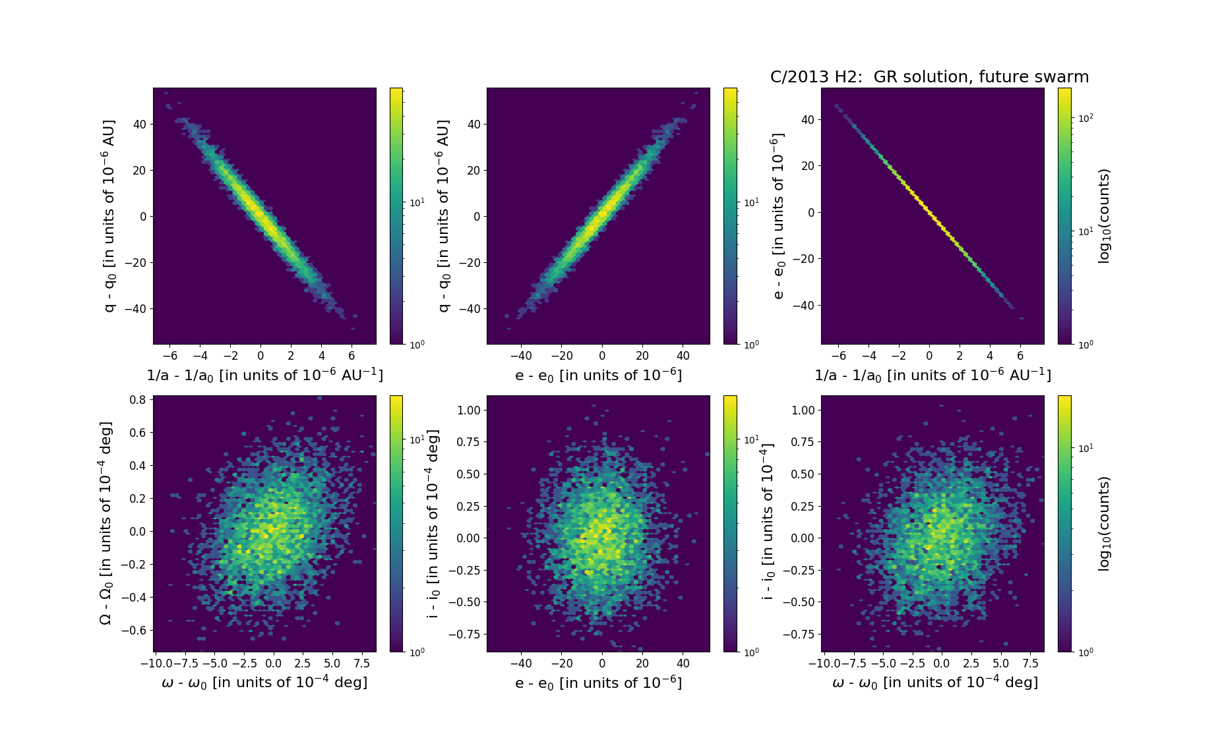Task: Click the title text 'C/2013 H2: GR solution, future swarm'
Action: [x=929, y=77]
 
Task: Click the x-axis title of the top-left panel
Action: [x=264, y=375]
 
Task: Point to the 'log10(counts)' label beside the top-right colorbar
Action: [x=1104, y=216]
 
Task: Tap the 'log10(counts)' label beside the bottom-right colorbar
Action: [x=1104, y=524]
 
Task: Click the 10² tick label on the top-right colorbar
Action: [x=1085, y=118]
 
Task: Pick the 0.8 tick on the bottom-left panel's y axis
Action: [x=137, y=400]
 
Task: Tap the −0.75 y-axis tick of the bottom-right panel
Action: [x=798, y=634]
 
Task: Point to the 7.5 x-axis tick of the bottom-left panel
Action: [x=361, y=663]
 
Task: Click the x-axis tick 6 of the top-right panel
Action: [x=1020, y=356]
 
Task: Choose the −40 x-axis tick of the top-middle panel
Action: [x=521, y=356]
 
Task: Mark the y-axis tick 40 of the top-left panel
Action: [x=139, y=124]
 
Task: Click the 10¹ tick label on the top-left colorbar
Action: [x=417, y=202]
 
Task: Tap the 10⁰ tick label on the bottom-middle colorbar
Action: [x=750, y=652]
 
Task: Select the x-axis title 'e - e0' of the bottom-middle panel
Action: [x=598, y=683]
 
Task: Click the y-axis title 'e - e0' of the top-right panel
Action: [x=778, y=216]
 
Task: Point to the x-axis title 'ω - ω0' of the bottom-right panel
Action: [x=935, y=683]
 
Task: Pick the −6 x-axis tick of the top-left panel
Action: [x=169, y=356]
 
